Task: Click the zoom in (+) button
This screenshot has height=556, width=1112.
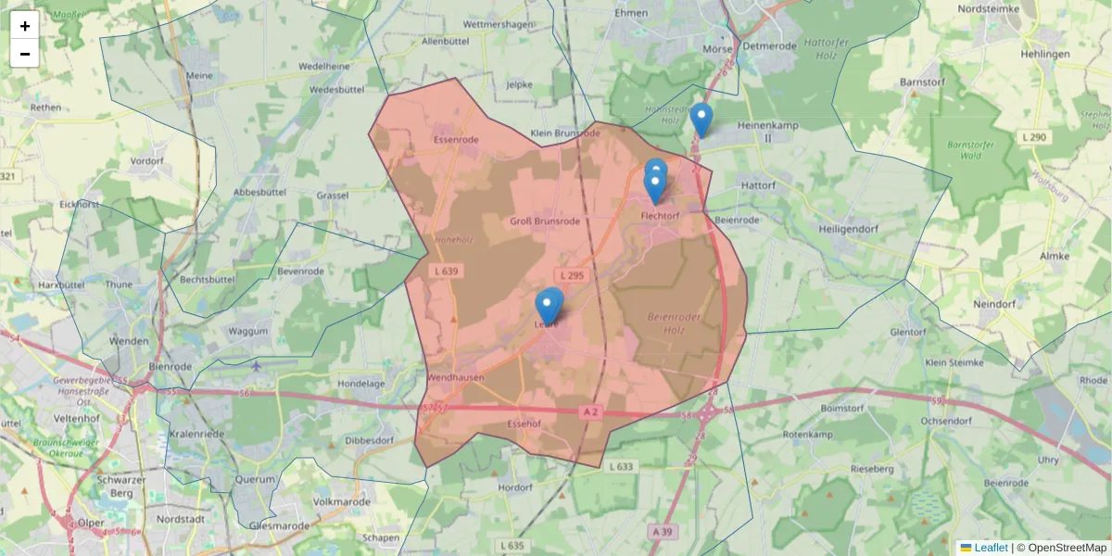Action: (x=25, y=26)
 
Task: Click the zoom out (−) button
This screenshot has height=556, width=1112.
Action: (x=25, y=54)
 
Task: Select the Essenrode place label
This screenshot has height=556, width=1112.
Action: (x=456, y=140)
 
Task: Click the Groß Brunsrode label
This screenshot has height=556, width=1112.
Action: (x=545, y=221)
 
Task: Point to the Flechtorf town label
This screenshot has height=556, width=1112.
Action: (x=660, y=216)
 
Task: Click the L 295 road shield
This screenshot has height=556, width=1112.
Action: (x=572, y=275)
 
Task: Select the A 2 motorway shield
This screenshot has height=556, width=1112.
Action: (x=592, y=410)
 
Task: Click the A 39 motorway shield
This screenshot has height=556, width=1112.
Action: (x=661, y=532)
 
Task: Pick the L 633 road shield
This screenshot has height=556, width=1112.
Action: (x=622, y=467)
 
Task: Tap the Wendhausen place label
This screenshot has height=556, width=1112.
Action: (x=455, y=378)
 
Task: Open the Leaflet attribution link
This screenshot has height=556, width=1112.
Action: (x=991, y=548)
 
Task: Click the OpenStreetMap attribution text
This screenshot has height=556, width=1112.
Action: (x=1067, y=548)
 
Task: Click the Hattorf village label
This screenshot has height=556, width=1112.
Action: (x=758, y=185)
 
